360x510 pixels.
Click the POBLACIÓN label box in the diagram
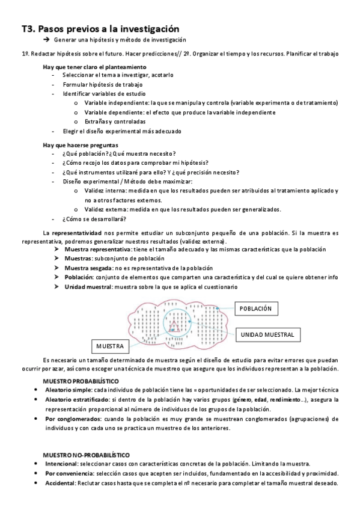pyautogui.click(x=256, y=309)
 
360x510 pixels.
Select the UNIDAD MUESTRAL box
pyautogui.click(x=267, y=334)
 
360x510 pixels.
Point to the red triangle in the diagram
pyautogui.click(x=175, y=327)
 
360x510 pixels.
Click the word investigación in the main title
pyautogui.click(x=148, y=28)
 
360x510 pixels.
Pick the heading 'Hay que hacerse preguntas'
pyautogui.click(x=80, y=145)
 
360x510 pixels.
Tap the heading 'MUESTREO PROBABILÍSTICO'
pyautogui.click(x=80, y=381)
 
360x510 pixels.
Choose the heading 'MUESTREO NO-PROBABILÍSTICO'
pyautogui.click(x=86, y=455)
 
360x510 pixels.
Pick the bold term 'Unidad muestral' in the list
pyautogui.click(x=88, y=287)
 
